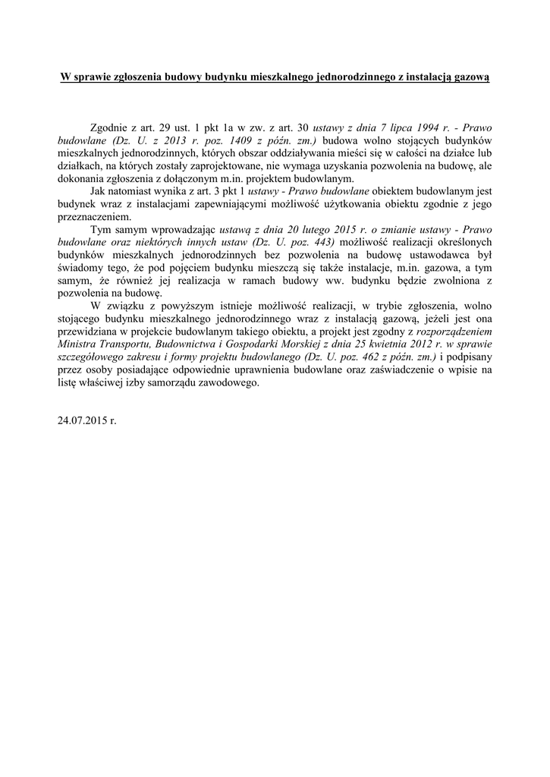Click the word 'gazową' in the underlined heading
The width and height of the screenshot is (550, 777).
[471, 77]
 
